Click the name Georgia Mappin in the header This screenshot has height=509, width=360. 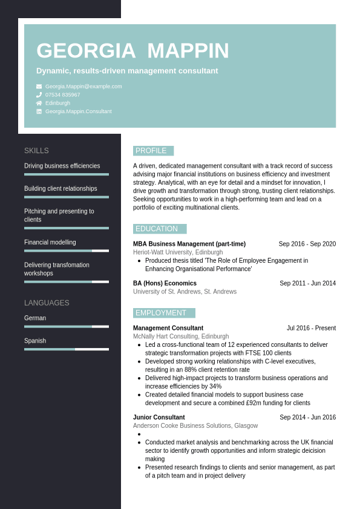(133, 51)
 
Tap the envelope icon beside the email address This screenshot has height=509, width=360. (39, 87)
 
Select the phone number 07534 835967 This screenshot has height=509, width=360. (62, 95)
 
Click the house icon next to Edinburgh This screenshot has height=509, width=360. (39, 103)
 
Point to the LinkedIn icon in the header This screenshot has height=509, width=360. (39, 111)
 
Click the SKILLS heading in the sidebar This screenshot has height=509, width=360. (36, 151)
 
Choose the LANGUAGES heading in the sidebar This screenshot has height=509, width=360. (47, 303)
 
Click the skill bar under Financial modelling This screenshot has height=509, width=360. (67, 251)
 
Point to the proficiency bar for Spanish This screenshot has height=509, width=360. (67, 349)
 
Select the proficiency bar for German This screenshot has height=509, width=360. (67, 326)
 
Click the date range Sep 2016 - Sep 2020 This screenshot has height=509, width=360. (307, 244)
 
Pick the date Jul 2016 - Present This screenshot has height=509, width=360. (311, 328)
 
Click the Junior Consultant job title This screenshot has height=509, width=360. (159, 417)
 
